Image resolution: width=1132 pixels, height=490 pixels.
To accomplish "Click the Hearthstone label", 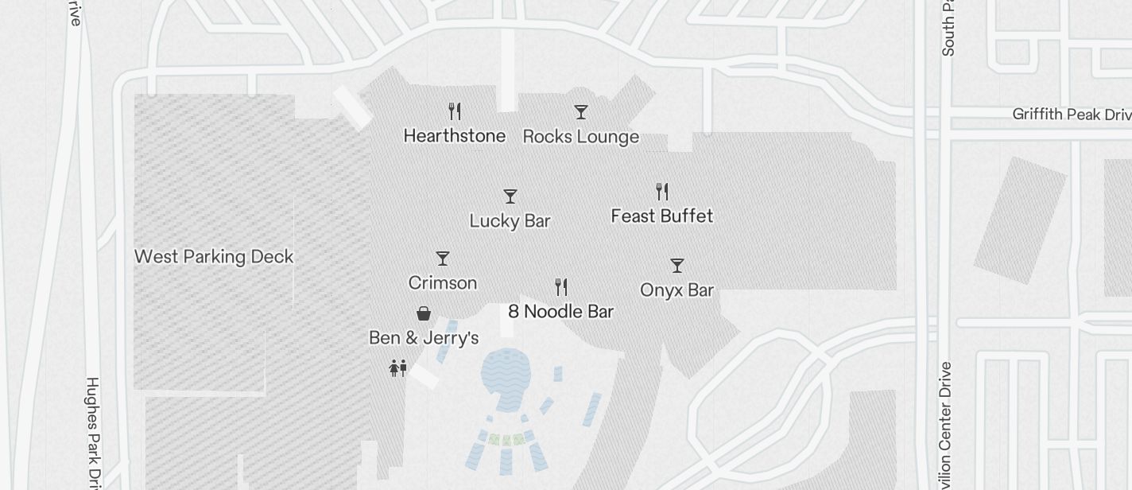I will click(x=454, y=136).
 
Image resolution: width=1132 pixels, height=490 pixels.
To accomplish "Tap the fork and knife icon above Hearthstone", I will click(x=455, y=111).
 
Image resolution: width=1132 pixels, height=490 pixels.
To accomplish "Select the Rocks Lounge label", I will click(x=581, y=137).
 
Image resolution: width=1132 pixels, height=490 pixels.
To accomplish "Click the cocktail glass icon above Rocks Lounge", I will click(x=581, y=112).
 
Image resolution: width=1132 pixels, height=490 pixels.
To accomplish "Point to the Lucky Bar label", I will click(x=510, y=221).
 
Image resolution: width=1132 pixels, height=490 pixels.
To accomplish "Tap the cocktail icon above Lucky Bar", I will click(x=510, y=196).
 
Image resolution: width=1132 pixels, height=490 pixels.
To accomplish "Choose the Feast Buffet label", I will click(x=661, y=216).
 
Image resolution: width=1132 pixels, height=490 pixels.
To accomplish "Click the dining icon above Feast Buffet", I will click(x=662, y=191).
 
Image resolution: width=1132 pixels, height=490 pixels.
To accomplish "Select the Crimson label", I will click(x=442, y=283).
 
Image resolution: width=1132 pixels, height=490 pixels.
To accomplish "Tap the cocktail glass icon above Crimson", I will click(x=443, y=259).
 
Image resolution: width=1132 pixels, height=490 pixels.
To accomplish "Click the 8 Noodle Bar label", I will click(x=560, y=311).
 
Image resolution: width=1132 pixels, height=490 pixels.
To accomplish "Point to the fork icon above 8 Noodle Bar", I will click(x=561, y=286).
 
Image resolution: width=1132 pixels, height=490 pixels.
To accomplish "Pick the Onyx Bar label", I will click(x=676, y=290).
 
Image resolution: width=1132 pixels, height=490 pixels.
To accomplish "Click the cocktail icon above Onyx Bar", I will click(x=677, y=265).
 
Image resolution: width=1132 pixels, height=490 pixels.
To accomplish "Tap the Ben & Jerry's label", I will click(x=424, y=338).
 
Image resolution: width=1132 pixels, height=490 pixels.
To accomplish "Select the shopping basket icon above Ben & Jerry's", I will click(x=424, y=313).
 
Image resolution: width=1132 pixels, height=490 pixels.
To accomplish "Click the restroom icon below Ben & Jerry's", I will click(x=398, y=367).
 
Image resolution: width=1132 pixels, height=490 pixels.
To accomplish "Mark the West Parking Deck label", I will click(x=214, y=257).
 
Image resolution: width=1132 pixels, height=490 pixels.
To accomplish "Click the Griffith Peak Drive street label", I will click(x=1071, y=115).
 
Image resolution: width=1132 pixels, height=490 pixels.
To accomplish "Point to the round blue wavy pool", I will click(x=506, y=378).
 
